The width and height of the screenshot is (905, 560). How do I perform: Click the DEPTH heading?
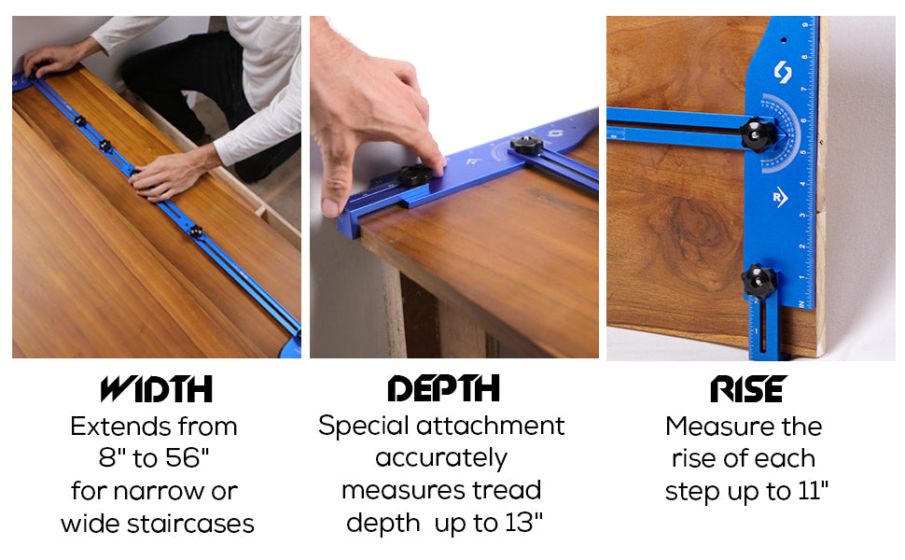coord(443,388)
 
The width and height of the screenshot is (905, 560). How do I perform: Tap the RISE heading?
coord(748,388)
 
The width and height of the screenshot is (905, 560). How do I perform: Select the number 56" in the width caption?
coord(187,458)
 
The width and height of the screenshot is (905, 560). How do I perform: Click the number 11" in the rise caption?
coord(814,491)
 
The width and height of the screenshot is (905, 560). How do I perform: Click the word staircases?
coord(190,524)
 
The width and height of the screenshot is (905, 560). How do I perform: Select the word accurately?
coord(441,458)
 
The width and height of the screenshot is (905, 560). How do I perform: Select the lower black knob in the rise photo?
coord(758,281)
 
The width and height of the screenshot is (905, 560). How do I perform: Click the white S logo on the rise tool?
coord(783,72)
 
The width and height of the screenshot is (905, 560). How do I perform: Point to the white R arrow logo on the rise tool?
coord(780,198)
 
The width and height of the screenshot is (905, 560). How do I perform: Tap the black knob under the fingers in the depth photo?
coord(415,175)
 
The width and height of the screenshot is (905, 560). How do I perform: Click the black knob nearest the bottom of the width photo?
coord(196,232)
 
